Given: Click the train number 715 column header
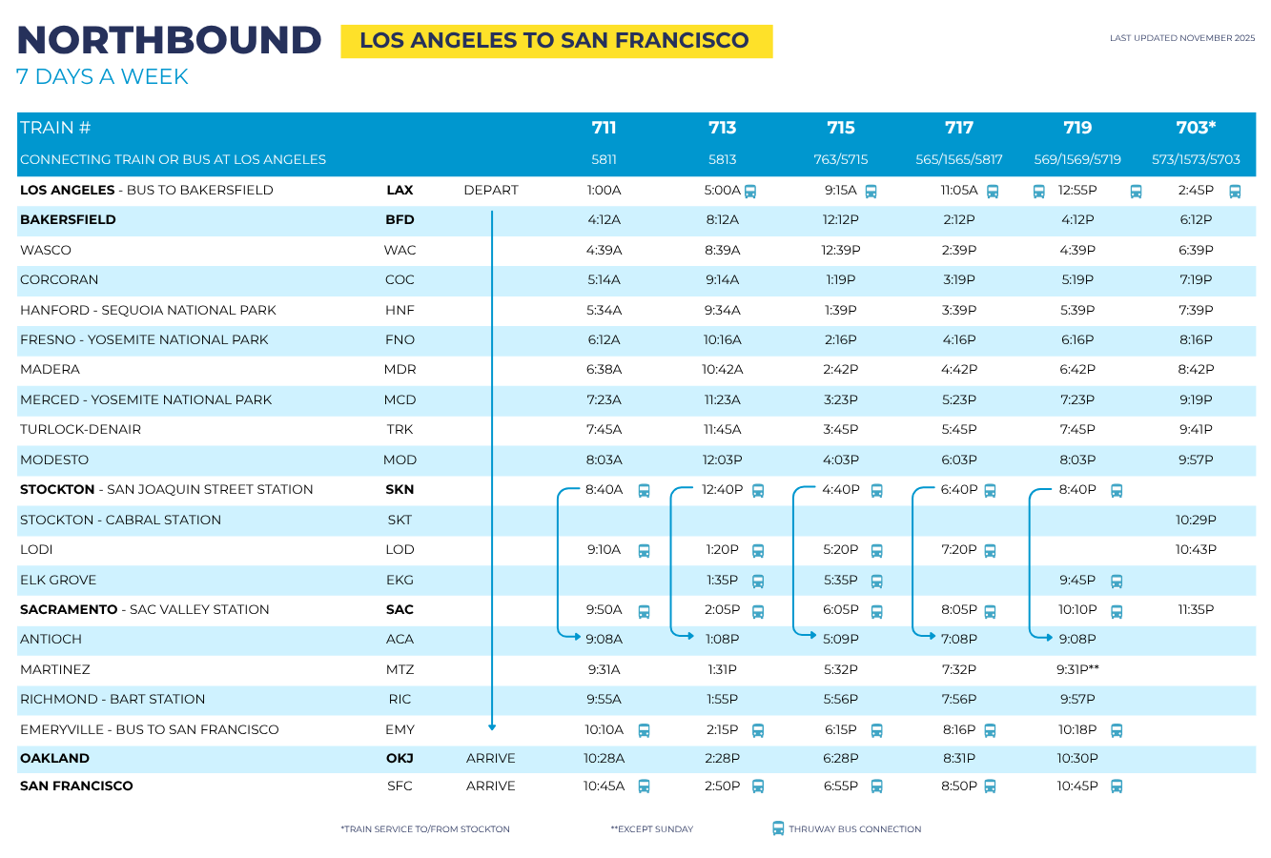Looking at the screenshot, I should [840, 128].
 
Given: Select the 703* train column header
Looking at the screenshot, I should [1196, 128].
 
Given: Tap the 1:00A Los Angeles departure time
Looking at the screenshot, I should [604, 190].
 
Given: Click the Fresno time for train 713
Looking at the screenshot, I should [722, 339].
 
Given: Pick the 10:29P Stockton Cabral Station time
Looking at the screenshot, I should [1196, 520].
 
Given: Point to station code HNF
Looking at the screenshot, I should [400, 310].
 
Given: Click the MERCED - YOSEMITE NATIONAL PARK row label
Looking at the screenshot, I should [146, 399].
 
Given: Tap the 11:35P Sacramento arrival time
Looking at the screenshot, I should [1196, 609].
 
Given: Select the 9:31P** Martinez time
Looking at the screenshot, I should [1077, 669].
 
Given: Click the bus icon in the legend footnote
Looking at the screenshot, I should [778, 828].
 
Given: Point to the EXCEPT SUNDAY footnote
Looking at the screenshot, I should [652, 829].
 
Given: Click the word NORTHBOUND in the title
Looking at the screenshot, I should [169, 40].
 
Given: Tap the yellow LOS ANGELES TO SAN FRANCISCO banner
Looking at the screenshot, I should [556, 41].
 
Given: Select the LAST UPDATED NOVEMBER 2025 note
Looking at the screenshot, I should [1182, 38].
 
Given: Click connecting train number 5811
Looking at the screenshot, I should [604, 159].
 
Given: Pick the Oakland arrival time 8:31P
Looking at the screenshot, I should [958, 758].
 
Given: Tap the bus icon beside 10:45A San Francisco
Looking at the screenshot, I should [644, 786].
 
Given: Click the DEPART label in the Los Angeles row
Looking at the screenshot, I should [490, 190].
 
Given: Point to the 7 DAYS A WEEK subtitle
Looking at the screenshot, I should [102, 76].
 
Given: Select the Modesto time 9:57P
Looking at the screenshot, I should [1196, 460].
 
